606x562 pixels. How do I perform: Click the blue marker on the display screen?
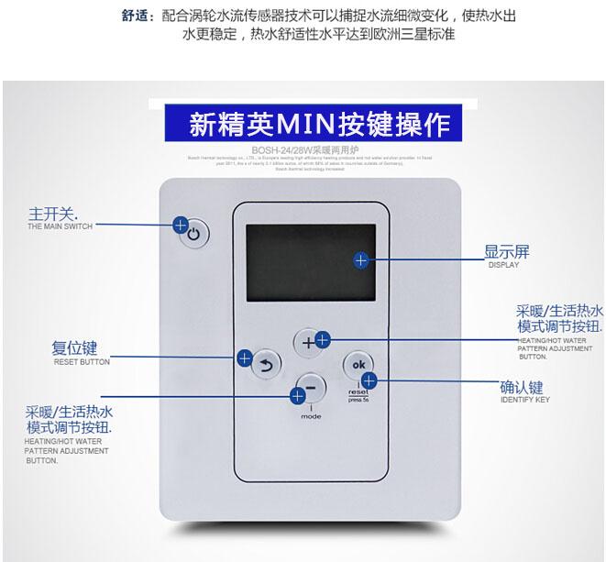click(x=361, y=260)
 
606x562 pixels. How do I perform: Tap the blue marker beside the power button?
click(x=181, y=224)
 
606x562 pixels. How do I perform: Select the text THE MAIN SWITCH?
click(x=60, y=226)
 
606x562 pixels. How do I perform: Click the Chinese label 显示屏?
click(x=507, y=251)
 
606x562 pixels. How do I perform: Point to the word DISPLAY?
click(x=503, y=265)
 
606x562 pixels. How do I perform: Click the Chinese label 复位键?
click(x=74, y=349)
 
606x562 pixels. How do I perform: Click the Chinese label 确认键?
click(x=522, y=387)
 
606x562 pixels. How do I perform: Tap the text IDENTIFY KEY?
click(x=525, y=401)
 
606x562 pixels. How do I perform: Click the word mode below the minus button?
click(x=311, y=417)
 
